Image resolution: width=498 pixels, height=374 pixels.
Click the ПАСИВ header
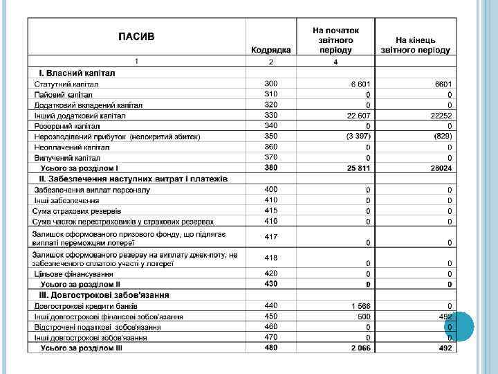(x=136, y=36)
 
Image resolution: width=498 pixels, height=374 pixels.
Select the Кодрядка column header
(x=270, y=50)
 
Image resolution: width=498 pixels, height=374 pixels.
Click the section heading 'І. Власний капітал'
(x=76, y=73)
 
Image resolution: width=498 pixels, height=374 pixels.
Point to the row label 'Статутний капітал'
(x=66, y=84)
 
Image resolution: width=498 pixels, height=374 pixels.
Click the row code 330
(x=270, y=115)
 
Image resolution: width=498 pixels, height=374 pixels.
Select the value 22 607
(x=360, y=116)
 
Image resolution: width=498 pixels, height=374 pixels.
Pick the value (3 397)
(x=359, y=136)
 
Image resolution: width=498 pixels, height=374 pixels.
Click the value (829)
(x=443, y=136)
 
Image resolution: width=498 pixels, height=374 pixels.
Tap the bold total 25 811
(x=359, y=168)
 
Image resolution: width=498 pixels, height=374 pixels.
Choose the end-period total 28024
(x=441, y=168)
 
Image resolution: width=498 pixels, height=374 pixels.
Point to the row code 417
(x=270, y=237)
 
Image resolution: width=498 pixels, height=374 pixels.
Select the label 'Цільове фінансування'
(x=74, y=274)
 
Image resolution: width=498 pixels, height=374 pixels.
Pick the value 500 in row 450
(x=364, y=317)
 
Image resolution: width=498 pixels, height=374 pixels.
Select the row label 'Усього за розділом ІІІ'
(x=81, y=348)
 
